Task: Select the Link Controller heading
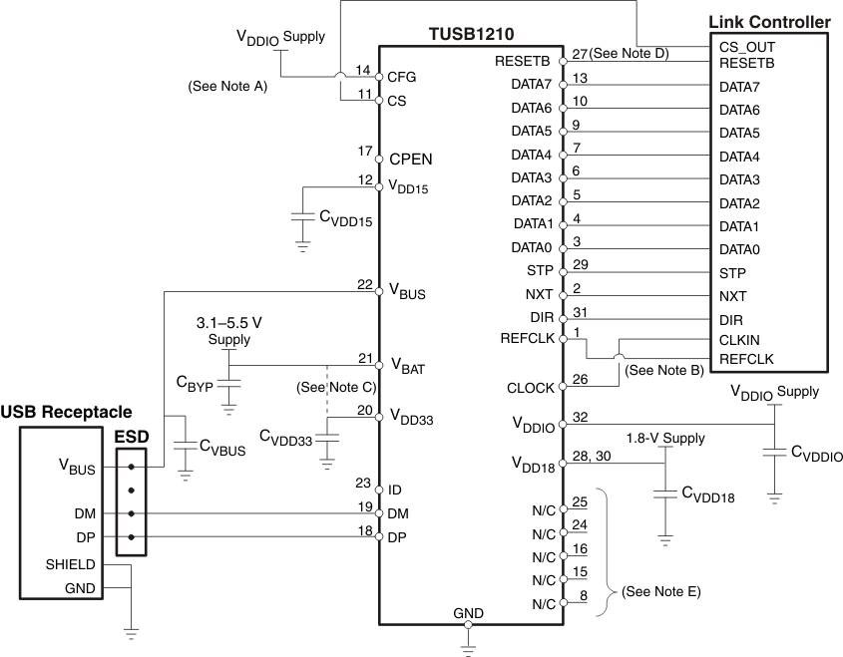[x=768, y=21]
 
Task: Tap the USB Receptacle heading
[x=66, y=412]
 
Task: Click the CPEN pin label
[x=411, y=159]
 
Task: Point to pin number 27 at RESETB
[x=580, y=53]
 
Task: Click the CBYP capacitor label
[x=196, y=384]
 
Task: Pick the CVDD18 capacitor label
[x=707, y=492]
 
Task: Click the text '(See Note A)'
[x=227, y=87]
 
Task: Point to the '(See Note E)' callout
[x=660, y=592]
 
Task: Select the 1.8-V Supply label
[x=664, y=438]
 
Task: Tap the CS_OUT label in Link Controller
[x=746, y=47]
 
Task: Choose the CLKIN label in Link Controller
[x=739, y=340]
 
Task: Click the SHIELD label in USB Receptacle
[x=70, y=564]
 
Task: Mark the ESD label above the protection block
[x=132, y=437]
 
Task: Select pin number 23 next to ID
[x=363, y=483]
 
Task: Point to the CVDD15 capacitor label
[x=345, y=220]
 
